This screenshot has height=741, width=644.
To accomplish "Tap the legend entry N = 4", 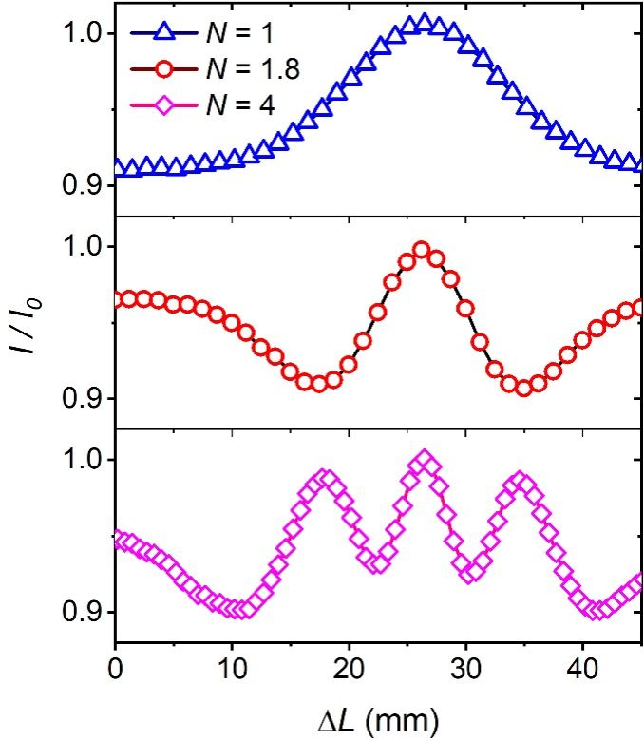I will (240, 104).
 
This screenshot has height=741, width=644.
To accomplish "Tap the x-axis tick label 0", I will (115, 667).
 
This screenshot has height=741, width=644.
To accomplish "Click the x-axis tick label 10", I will (232, 667).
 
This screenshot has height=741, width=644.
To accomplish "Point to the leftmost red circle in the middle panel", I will (116, 299).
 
